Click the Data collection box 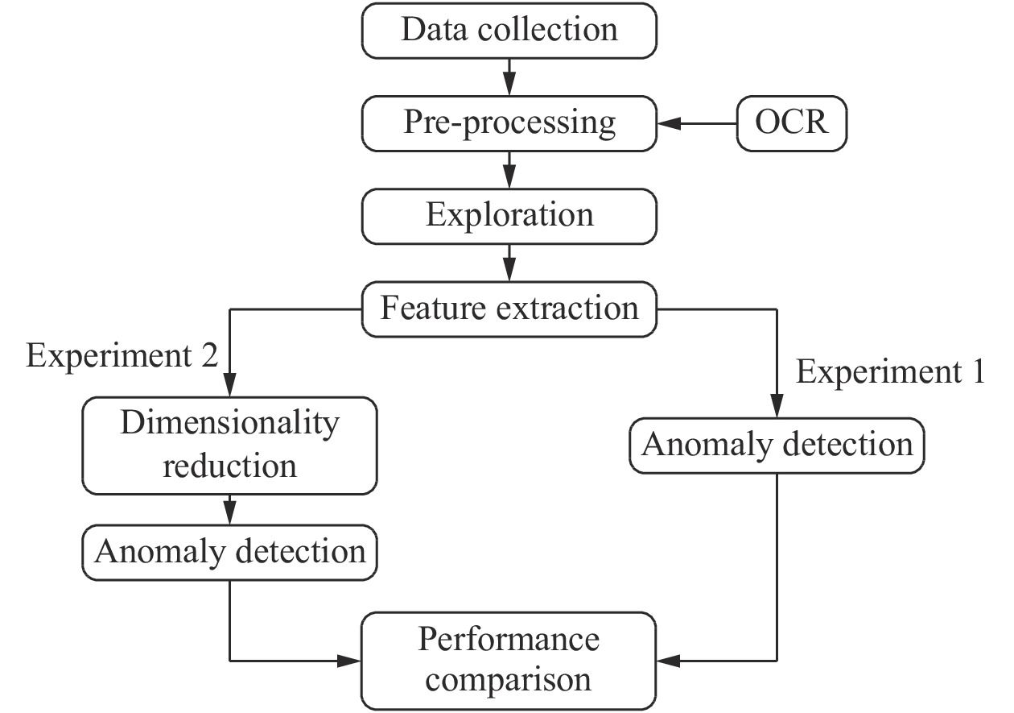pos(509,31)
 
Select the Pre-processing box pos(509,123)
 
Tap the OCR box pos(792,123)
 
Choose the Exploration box pos(509,216)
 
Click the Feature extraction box pos(509,309)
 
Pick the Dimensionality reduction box pos(230,445)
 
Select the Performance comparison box pos(509,659)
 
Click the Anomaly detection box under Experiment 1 pos(777,445)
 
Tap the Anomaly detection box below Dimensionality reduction pos(230,552)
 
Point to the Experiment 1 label pos(889,372)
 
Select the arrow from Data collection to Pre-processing pos(509,77)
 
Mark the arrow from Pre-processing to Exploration pos(509,170)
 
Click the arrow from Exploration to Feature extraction pos(509,263)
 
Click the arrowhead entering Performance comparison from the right pos(670,661)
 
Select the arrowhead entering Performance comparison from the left pos(349,661)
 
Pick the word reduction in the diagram pos(230,466)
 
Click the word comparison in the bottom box pos(509,679)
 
